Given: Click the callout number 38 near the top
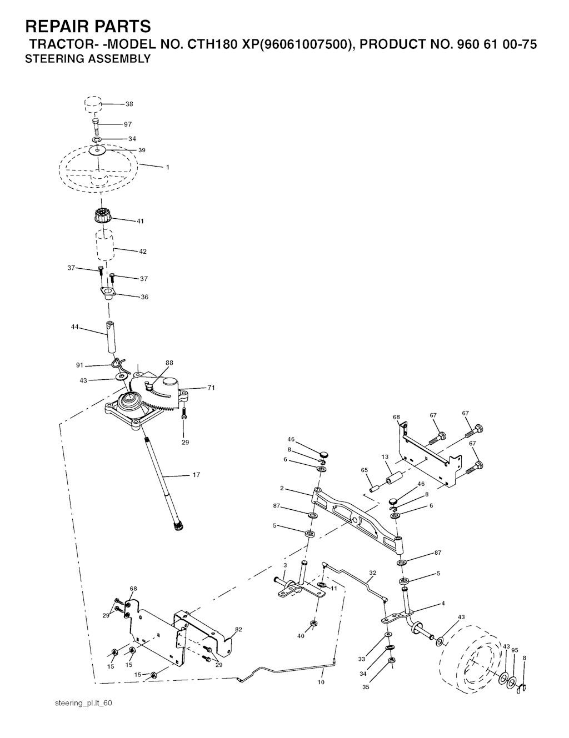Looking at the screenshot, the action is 129,104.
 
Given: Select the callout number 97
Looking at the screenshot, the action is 128,124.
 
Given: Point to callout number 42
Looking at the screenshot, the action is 143,252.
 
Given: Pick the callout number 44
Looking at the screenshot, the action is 74,327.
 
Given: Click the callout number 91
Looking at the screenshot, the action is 79,365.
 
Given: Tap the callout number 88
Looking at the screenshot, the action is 169,363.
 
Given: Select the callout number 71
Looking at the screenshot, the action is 211,388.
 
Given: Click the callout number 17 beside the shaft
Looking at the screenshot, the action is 196,475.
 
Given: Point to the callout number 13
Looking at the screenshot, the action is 385,457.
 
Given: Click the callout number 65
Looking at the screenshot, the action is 364,470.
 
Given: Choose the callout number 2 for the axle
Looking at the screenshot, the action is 282,488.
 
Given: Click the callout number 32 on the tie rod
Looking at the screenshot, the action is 373,573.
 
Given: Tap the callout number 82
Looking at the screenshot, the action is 238,629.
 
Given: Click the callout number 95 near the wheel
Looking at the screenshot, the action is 515,650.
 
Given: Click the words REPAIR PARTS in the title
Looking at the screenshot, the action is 88,26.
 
